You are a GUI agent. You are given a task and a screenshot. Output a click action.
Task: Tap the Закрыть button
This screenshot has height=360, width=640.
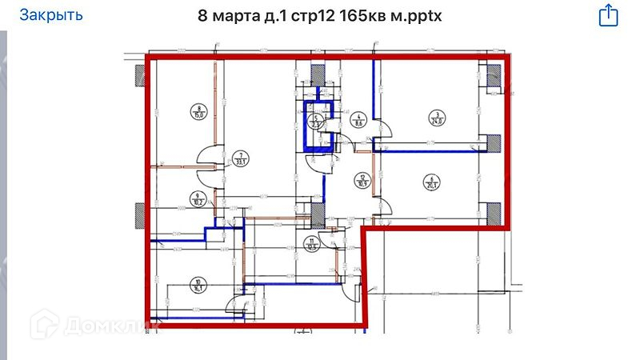click(x=50, y=14)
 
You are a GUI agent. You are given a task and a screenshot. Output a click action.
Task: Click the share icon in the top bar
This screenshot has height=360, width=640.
click(x=608, y=14)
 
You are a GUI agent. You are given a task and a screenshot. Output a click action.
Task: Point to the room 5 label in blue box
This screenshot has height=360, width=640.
click(x=315, y=121)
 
